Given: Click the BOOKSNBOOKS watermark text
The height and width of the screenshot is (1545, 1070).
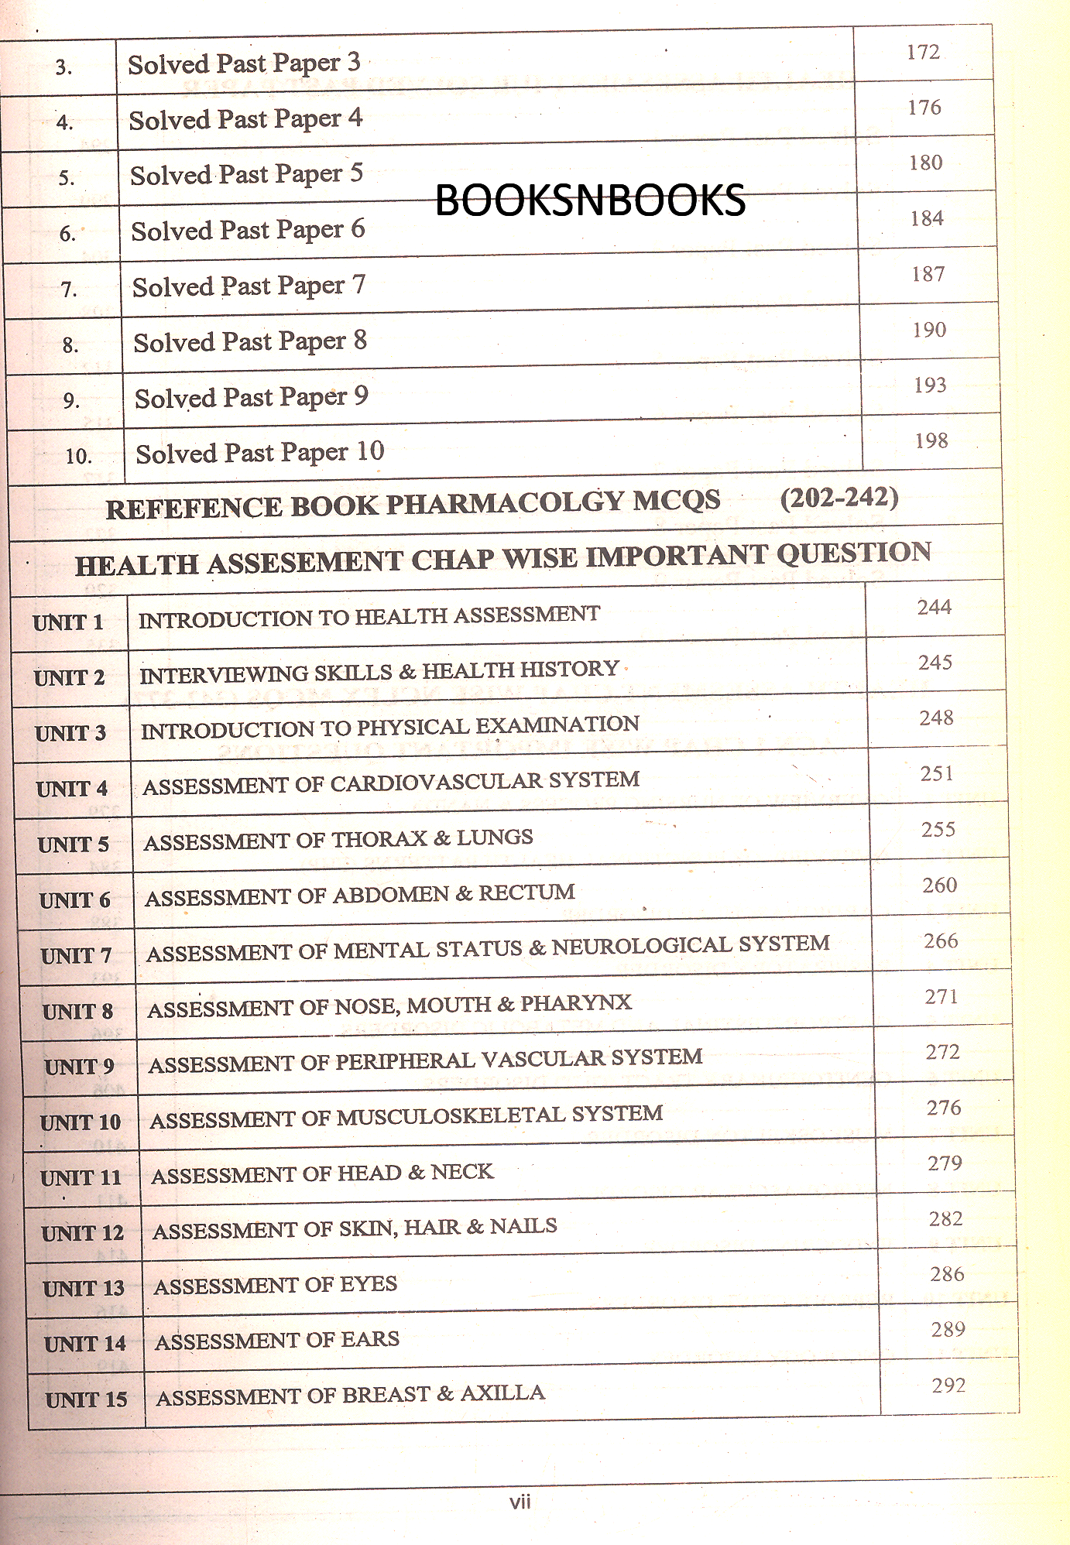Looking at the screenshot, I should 590,200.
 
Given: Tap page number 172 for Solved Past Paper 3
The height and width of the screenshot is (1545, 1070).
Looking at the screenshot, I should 923,52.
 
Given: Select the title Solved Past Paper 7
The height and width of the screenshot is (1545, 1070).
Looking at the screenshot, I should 249,286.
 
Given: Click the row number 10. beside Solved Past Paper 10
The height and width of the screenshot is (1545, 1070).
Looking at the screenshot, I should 78,456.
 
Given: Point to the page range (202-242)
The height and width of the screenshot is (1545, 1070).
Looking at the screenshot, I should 839,498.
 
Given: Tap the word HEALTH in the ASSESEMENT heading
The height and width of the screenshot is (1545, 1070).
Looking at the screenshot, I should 138,564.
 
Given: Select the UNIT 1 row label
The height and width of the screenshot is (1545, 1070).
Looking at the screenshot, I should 68,622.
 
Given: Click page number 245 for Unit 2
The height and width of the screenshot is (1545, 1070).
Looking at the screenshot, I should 935,663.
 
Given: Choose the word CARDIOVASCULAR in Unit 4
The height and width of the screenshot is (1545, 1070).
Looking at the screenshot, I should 437,783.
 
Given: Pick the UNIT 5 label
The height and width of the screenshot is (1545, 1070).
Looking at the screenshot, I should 74,844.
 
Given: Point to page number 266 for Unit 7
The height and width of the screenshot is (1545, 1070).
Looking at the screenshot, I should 941,940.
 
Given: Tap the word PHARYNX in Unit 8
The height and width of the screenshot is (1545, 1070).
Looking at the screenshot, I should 575,1003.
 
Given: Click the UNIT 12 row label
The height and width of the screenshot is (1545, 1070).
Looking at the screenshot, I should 83,1233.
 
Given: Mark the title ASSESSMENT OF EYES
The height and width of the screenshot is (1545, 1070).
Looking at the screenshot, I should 275,1286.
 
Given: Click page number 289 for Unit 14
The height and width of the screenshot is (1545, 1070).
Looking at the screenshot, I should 948,1330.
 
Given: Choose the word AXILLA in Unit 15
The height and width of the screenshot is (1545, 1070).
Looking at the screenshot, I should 502,1393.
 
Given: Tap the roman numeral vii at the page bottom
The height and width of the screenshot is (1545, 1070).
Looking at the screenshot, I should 520,1502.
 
